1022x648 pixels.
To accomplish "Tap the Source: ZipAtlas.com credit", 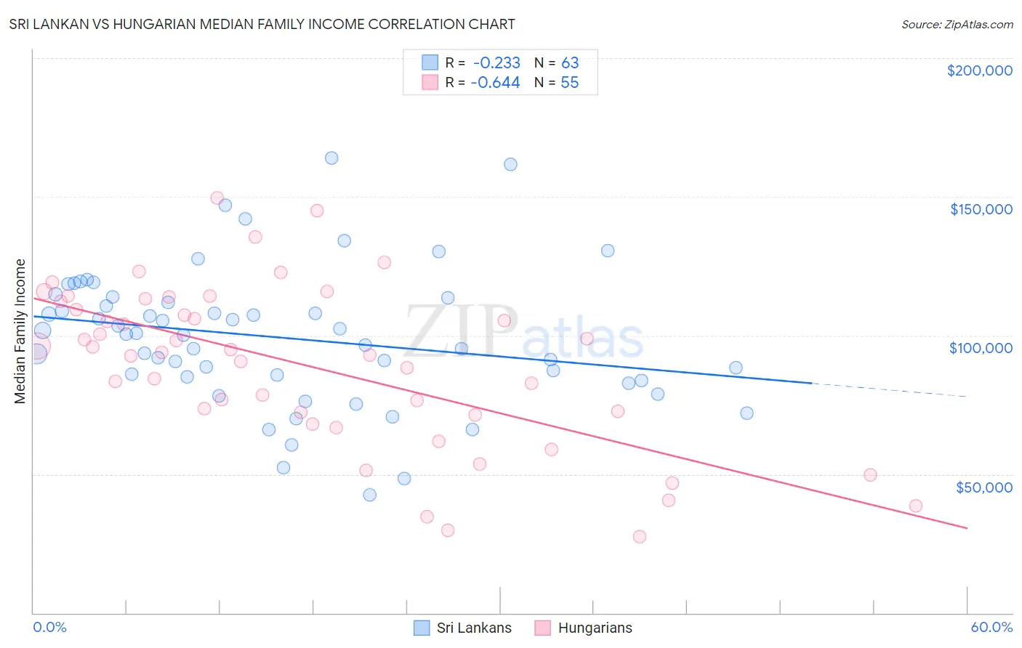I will tap(957, 25).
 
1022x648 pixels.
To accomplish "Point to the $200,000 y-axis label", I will tap(979, 70).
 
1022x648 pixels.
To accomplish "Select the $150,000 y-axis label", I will tap(981, 209).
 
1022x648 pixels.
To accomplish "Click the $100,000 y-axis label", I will tap(981, 348).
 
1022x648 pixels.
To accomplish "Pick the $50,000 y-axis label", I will tap(983, 487).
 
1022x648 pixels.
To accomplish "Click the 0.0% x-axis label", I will tap(49, 627).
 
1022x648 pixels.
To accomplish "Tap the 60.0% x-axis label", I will tap(991, 627).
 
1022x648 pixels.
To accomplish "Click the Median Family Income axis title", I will tap(20, 331).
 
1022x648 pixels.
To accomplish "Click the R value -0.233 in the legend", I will tap(496, 63).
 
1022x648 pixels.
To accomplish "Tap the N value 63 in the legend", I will tap(570, 63).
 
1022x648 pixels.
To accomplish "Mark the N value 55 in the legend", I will tap(570, 83).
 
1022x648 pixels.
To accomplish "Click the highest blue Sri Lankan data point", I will tap(331, 158).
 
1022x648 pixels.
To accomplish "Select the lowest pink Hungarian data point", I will tap(640, 537).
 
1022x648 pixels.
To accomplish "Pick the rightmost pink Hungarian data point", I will tap(916, 506).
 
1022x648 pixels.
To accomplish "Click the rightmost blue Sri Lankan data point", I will tap(747, 413).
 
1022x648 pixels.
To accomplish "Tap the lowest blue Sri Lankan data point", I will tap(369, 495).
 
